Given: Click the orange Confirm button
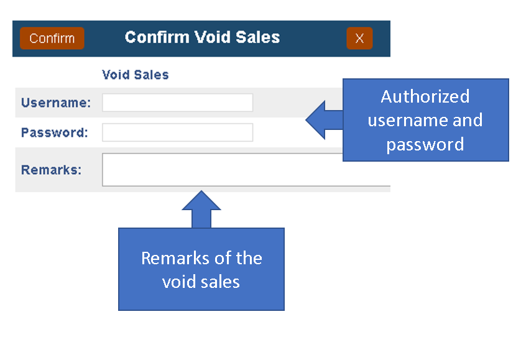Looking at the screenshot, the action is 52,38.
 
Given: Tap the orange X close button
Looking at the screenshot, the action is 359,38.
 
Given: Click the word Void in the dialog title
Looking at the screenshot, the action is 213,37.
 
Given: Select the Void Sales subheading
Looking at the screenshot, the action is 136,75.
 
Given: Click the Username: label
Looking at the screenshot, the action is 56,103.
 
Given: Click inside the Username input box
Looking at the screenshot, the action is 177,103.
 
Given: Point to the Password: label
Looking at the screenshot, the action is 55,132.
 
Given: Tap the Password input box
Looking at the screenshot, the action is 177,132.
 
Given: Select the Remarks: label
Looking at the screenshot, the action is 51,170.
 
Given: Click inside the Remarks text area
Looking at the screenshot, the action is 222,170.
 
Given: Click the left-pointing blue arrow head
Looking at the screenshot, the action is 316,120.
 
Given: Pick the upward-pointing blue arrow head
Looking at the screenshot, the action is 201,201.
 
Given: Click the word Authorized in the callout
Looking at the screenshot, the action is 425,97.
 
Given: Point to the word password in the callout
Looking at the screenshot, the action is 425,145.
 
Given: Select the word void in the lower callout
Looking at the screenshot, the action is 178,282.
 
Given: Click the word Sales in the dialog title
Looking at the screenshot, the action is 258,37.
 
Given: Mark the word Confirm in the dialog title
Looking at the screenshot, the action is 157,37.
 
